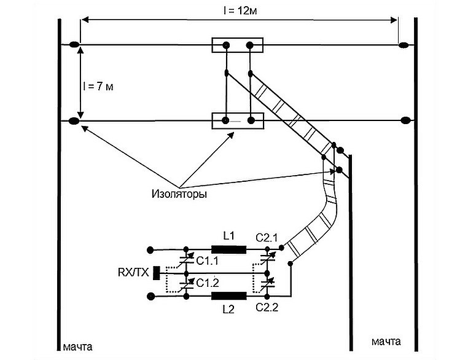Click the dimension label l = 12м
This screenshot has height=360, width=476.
click(x=240, y=11)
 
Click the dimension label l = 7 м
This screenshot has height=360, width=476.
click(x=98, y=87)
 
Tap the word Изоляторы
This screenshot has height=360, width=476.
click(x=179, y=194)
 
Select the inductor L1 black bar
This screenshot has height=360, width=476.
click(x=229, y=249)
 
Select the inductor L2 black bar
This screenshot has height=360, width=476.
click(x=229, y=296)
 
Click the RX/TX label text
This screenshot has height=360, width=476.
click(x=133, y=273)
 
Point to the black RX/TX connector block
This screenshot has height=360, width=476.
click(x=157, y=273)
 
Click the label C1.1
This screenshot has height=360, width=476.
click(x=208, y=260)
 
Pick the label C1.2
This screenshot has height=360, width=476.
click(x=208, y=283)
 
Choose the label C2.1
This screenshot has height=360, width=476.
click(x=267, y=238)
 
